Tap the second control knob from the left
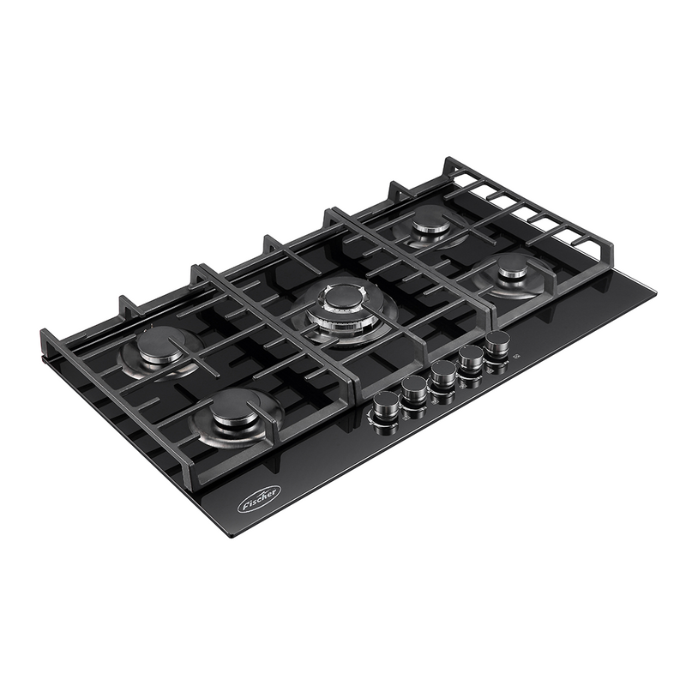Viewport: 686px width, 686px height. pyautogui.click(x=413, y=390)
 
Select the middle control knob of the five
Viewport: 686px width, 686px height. pyautogui.click(x=442, y=375)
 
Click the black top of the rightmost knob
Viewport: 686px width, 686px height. pyautogui.click(x=496, y=342)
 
